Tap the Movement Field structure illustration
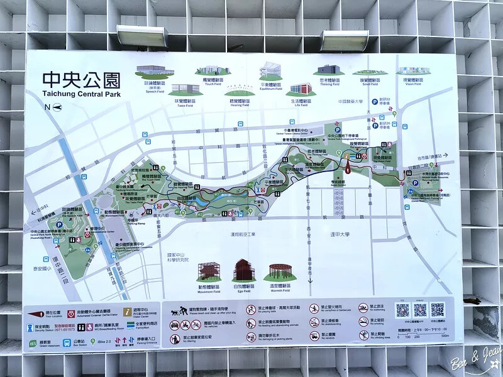[x=209, y=271]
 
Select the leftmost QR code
[x=402, y=310]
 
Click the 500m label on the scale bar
[x=445, y=336]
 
